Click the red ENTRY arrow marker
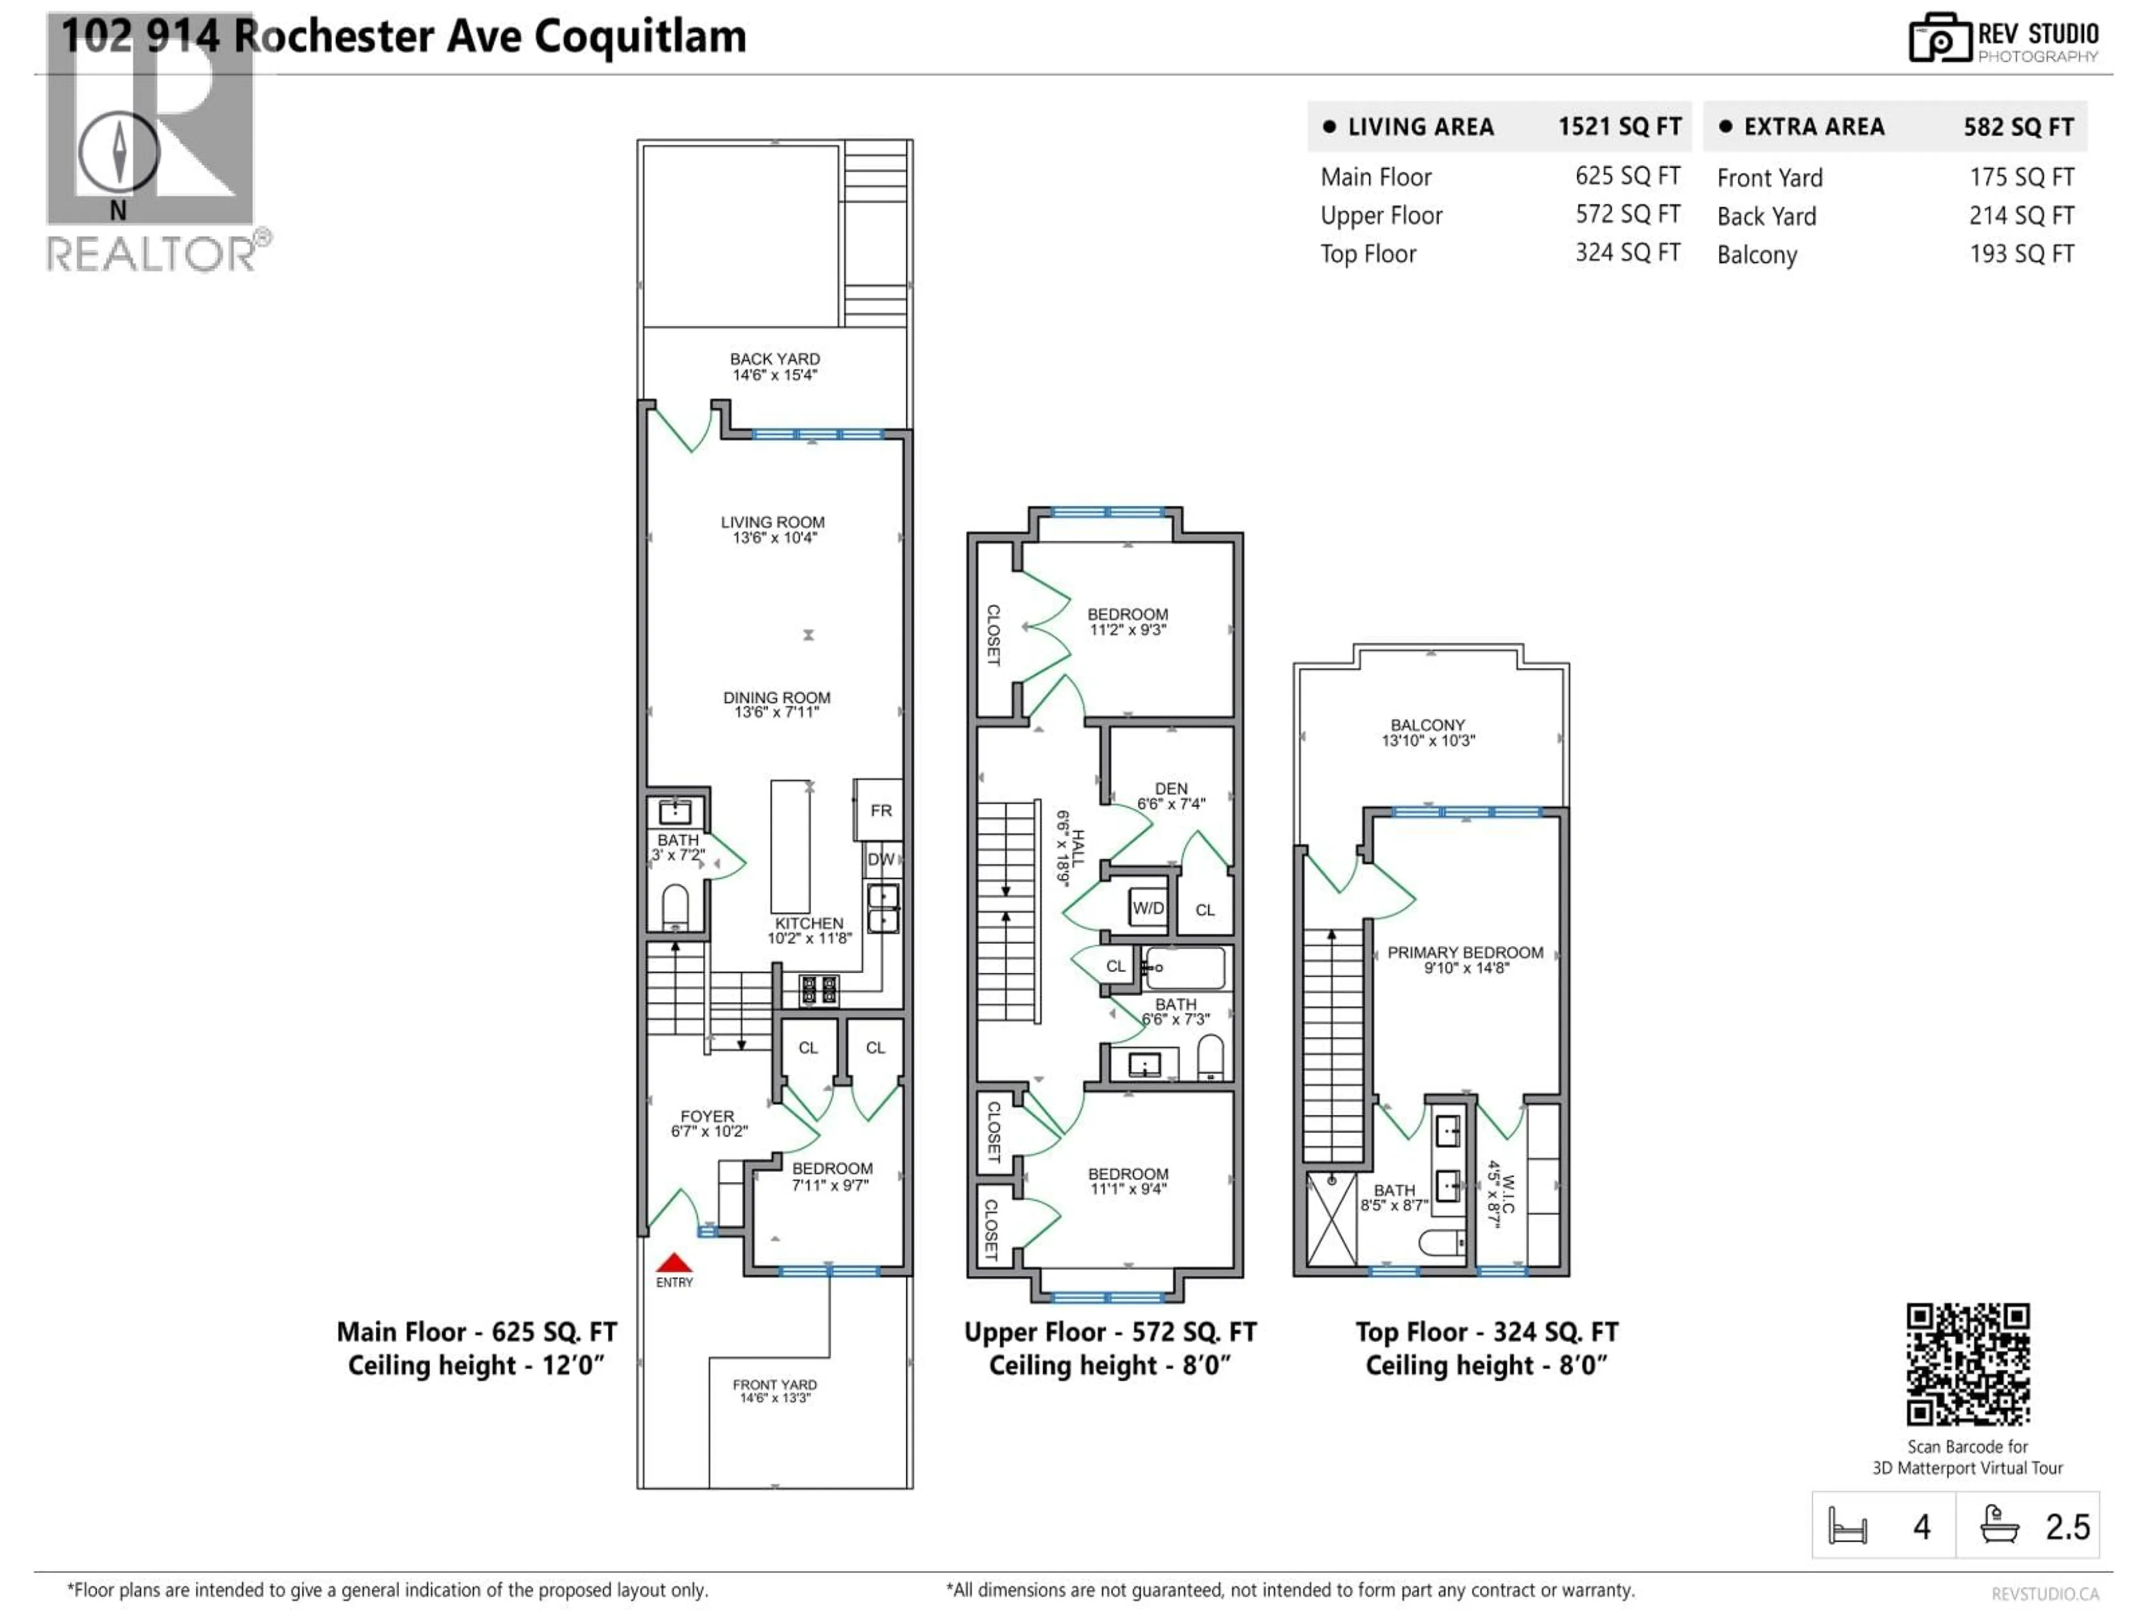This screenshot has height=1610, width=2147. [x=674, y=1263]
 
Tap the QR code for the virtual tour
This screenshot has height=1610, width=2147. [x=1968, y=1363]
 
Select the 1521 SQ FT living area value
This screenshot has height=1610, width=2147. [x=1619, y=127]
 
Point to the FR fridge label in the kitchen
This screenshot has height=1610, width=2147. [x=881, y=811]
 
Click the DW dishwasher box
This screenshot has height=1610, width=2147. [x=881, y=859]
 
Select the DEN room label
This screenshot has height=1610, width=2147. [x=1171, y=789]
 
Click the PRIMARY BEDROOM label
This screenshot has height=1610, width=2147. [x=1465, y=953]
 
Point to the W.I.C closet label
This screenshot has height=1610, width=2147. [x=1501, y=1194]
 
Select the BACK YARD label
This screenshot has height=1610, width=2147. [x=774, y=359]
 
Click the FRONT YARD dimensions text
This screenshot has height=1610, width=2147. [x=774, y=1399]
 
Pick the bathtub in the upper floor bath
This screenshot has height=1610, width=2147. [x=1184, y=968]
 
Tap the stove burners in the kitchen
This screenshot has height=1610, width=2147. [x=818, y=990]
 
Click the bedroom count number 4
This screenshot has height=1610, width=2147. [x=1921, y=1527]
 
